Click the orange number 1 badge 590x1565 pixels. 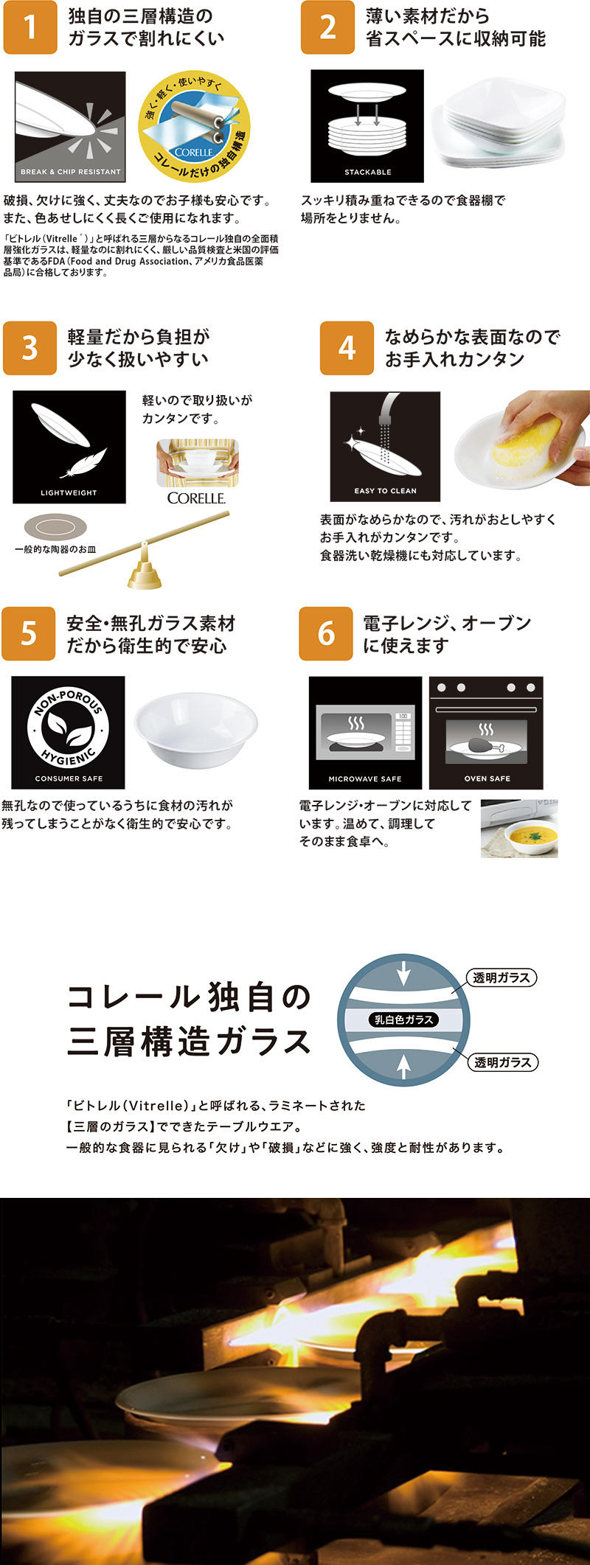30,28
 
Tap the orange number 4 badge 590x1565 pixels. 347,348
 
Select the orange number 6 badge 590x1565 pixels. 326,633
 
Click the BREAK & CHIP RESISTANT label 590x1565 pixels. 70,172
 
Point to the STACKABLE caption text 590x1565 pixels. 368,172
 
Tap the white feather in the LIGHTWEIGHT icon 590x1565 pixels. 83,462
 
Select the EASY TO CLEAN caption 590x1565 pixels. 385,490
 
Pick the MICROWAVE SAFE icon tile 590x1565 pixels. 365,733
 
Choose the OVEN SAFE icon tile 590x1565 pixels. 487,733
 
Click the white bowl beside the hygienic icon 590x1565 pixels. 195,730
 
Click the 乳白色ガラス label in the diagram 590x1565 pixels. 403,1019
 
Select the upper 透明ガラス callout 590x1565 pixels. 502,977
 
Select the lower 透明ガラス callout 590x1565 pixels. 503,1062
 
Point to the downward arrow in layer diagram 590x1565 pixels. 403,975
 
